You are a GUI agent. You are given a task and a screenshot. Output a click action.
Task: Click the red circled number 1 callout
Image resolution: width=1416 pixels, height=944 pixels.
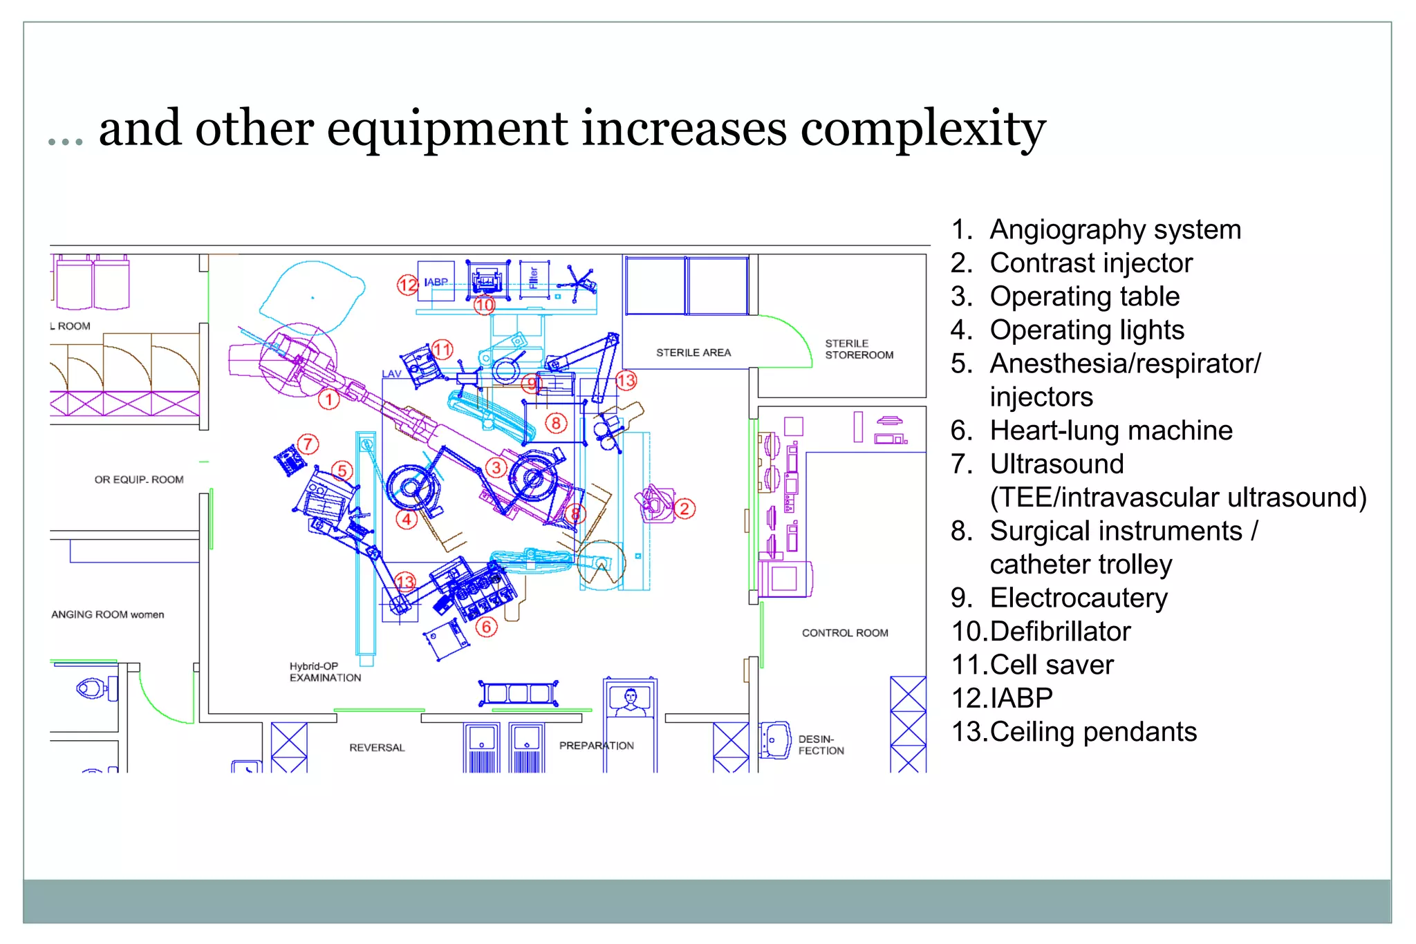(329, 399)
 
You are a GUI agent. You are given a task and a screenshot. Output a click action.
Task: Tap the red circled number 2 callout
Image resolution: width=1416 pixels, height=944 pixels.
(684, 509)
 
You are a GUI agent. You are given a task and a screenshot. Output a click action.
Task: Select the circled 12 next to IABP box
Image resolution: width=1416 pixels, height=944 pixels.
(407, 284)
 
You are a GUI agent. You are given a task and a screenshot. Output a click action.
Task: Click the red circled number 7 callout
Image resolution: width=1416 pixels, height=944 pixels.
(308, 444)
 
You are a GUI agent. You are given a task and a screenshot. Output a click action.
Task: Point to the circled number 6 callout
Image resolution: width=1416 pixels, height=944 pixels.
(487, 627)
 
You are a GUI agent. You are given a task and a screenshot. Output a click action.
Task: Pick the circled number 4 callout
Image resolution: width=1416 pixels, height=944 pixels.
(407, 519)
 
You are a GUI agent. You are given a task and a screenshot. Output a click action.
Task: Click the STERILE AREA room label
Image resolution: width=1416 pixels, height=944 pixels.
(693, 352)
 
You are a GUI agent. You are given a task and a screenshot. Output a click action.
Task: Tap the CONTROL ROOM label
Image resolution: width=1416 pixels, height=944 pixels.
(845, 633)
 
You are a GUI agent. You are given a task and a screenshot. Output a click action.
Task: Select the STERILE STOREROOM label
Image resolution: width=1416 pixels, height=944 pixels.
(859, 349)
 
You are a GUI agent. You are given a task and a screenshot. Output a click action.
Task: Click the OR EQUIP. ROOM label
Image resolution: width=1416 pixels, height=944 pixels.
(139, 480)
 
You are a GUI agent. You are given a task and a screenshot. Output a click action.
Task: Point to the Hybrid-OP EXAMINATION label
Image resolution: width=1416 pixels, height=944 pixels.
(324, 672)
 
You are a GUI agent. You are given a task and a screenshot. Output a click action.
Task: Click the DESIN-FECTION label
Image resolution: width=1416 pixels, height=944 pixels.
(821, 745)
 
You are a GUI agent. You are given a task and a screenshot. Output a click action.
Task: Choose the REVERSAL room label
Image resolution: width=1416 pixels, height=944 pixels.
(377, 748)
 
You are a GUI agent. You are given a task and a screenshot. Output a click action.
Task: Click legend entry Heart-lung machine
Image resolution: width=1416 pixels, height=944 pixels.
(1110, 431)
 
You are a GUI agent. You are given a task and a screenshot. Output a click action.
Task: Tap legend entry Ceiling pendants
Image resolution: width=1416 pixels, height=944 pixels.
(1092, 732)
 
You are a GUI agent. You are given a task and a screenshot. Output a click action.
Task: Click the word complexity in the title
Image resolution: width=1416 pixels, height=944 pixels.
(922, 129)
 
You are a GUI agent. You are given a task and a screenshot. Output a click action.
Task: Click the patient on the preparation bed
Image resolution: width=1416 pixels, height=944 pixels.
(630, 699)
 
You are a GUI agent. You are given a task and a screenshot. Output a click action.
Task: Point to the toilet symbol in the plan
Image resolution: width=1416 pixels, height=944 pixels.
(91, 688)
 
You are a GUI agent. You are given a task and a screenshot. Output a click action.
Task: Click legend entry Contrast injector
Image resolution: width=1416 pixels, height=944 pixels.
(1090, 263)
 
